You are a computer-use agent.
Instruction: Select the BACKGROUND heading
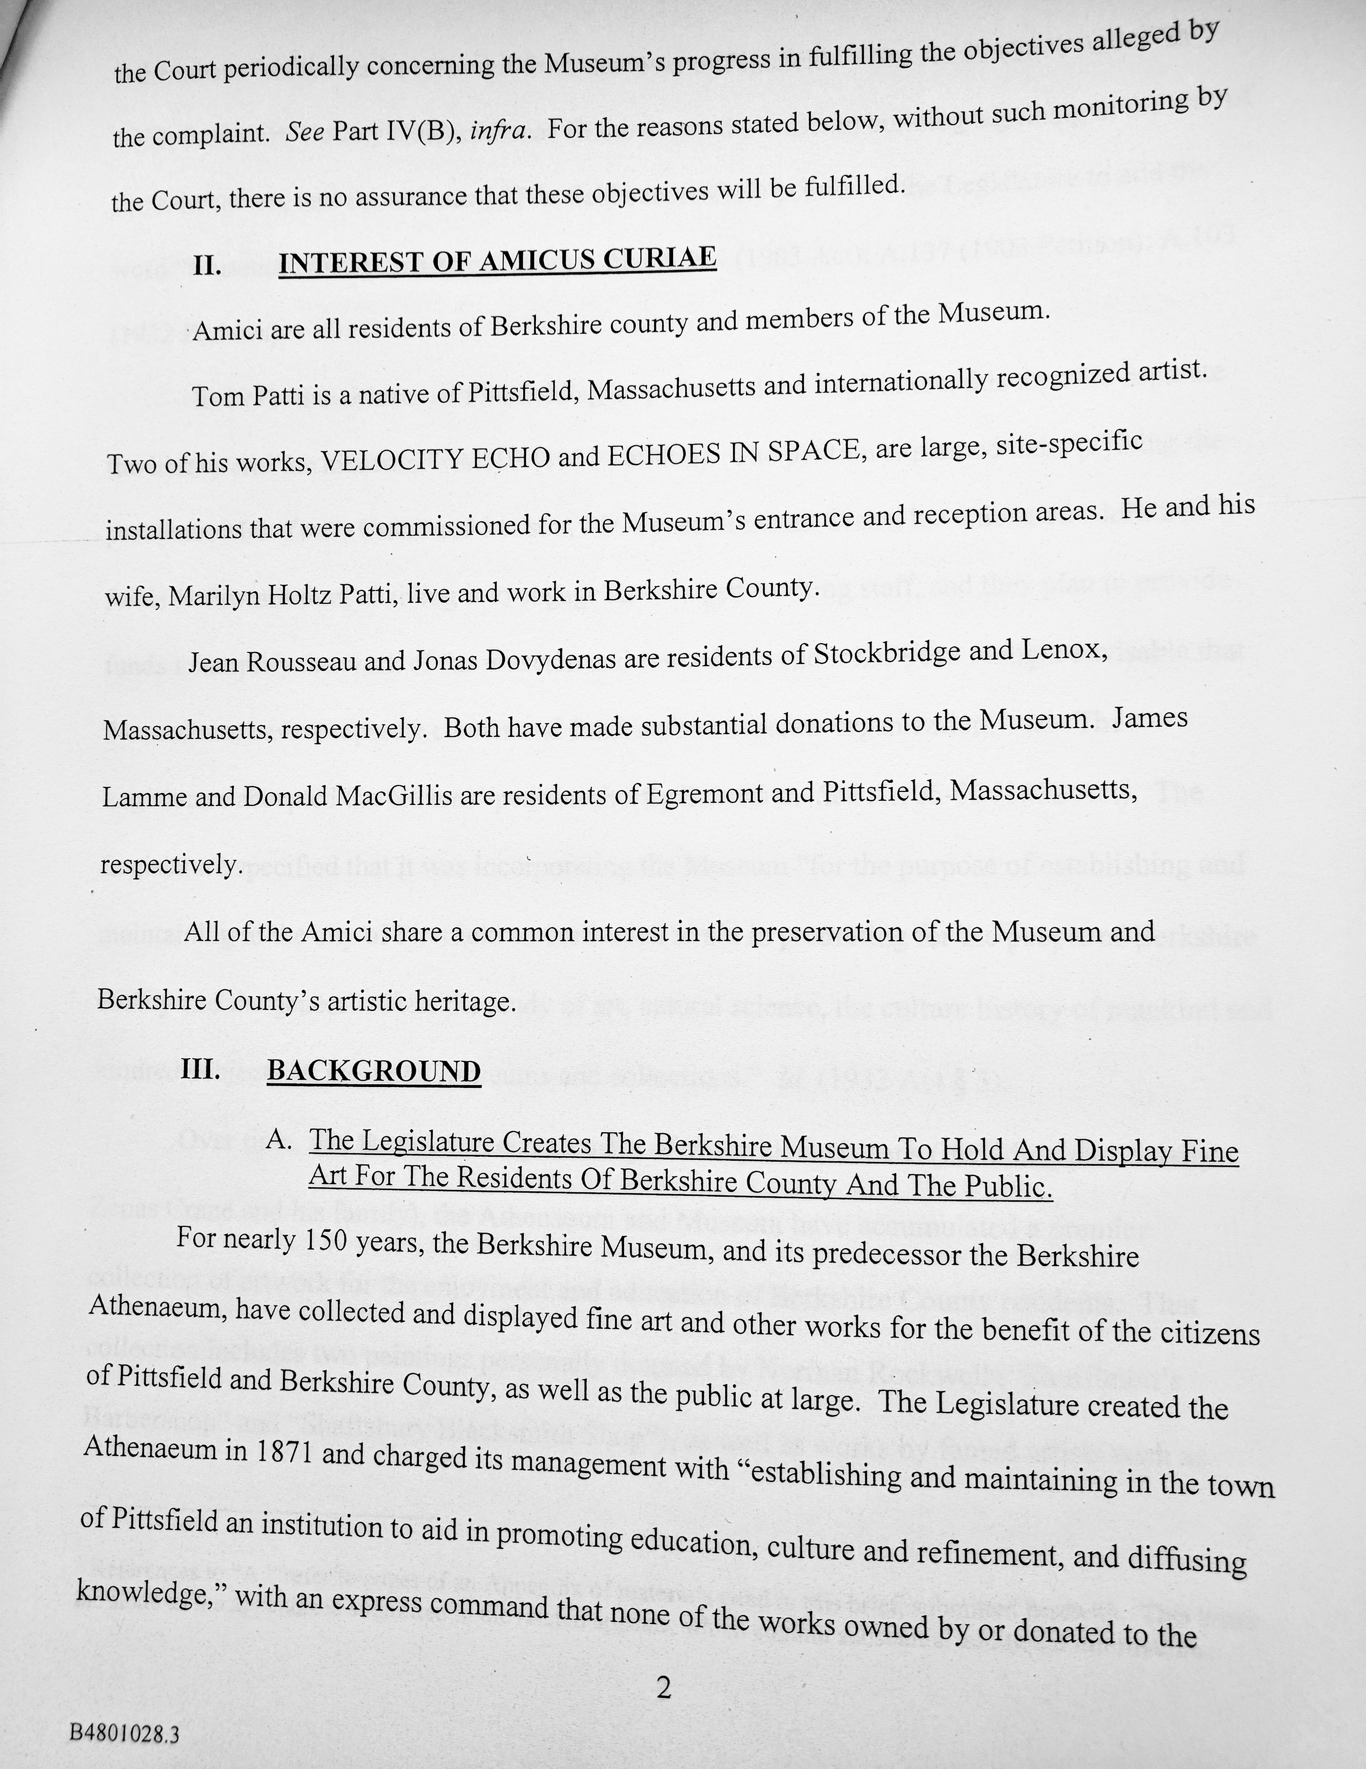click(x=373, y=1071)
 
